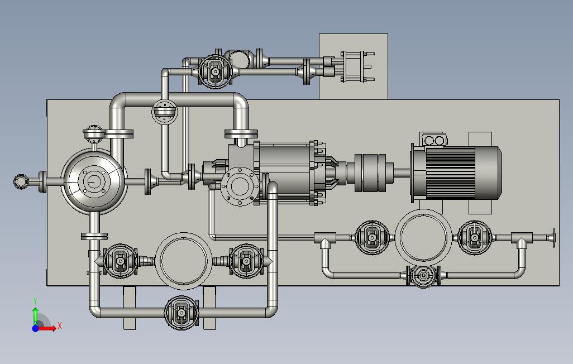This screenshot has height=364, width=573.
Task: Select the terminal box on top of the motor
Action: click(434, 140)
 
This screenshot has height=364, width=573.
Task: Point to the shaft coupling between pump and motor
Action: click(370, 173)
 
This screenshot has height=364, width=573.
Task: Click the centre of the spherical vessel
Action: click(94, 181)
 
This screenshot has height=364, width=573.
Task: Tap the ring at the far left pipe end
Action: click(21, 181)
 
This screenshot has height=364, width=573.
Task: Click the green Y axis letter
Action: click(35, 301)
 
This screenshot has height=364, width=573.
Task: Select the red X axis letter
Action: click(60, 325)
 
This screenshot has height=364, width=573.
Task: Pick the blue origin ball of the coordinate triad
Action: click(35, 328)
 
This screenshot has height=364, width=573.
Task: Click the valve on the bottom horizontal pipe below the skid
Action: click(182, 313)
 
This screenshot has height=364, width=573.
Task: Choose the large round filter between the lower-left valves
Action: click(183, 261)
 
